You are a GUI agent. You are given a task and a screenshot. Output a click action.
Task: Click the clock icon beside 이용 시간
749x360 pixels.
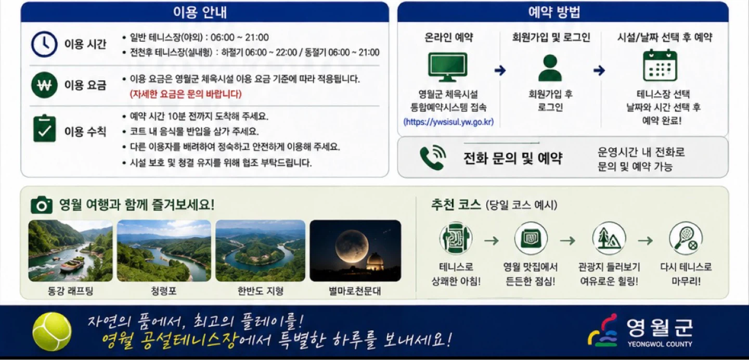point(44,44)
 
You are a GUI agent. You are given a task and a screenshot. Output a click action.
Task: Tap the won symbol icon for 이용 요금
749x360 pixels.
point(44,85)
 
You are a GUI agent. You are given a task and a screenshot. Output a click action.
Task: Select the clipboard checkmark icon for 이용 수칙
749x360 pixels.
point(45,128)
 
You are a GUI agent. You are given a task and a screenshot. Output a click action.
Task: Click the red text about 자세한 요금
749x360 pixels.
point(186,94)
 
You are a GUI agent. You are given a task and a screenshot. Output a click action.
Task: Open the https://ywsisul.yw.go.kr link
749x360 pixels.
point(448,122)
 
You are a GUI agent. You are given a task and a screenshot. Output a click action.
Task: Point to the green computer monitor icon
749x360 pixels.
point(448,67)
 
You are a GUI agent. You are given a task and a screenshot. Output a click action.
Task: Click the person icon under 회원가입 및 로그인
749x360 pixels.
point(550,68)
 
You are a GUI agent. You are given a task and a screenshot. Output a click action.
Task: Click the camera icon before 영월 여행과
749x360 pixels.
point(42,205)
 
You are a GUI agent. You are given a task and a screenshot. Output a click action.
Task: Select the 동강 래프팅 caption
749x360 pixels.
point(71,291)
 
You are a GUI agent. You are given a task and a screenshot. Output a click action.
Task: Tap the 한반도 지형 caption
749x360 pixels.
point(261,291)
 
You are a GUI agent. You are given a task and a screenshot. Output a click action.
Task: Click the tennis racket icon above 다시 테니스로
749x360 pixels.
point(686,239)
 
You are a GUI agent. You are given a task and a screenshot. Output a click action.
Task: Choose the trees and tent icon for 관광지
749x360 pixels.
point(609,239)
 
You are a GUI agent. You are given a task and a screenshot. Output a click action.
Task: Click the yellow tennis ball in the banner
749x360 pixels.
point(52,331)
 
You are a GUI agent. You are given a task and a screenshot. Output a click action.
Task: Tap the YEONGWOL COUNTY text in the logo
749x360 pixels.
point(660,344)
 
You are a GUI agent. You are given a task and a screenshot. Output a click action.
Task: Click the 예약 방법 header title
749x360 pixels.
point(554,12)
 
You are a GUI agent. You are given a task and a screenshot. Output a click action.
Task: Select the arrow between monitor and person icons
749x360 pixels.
point(500,70)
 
